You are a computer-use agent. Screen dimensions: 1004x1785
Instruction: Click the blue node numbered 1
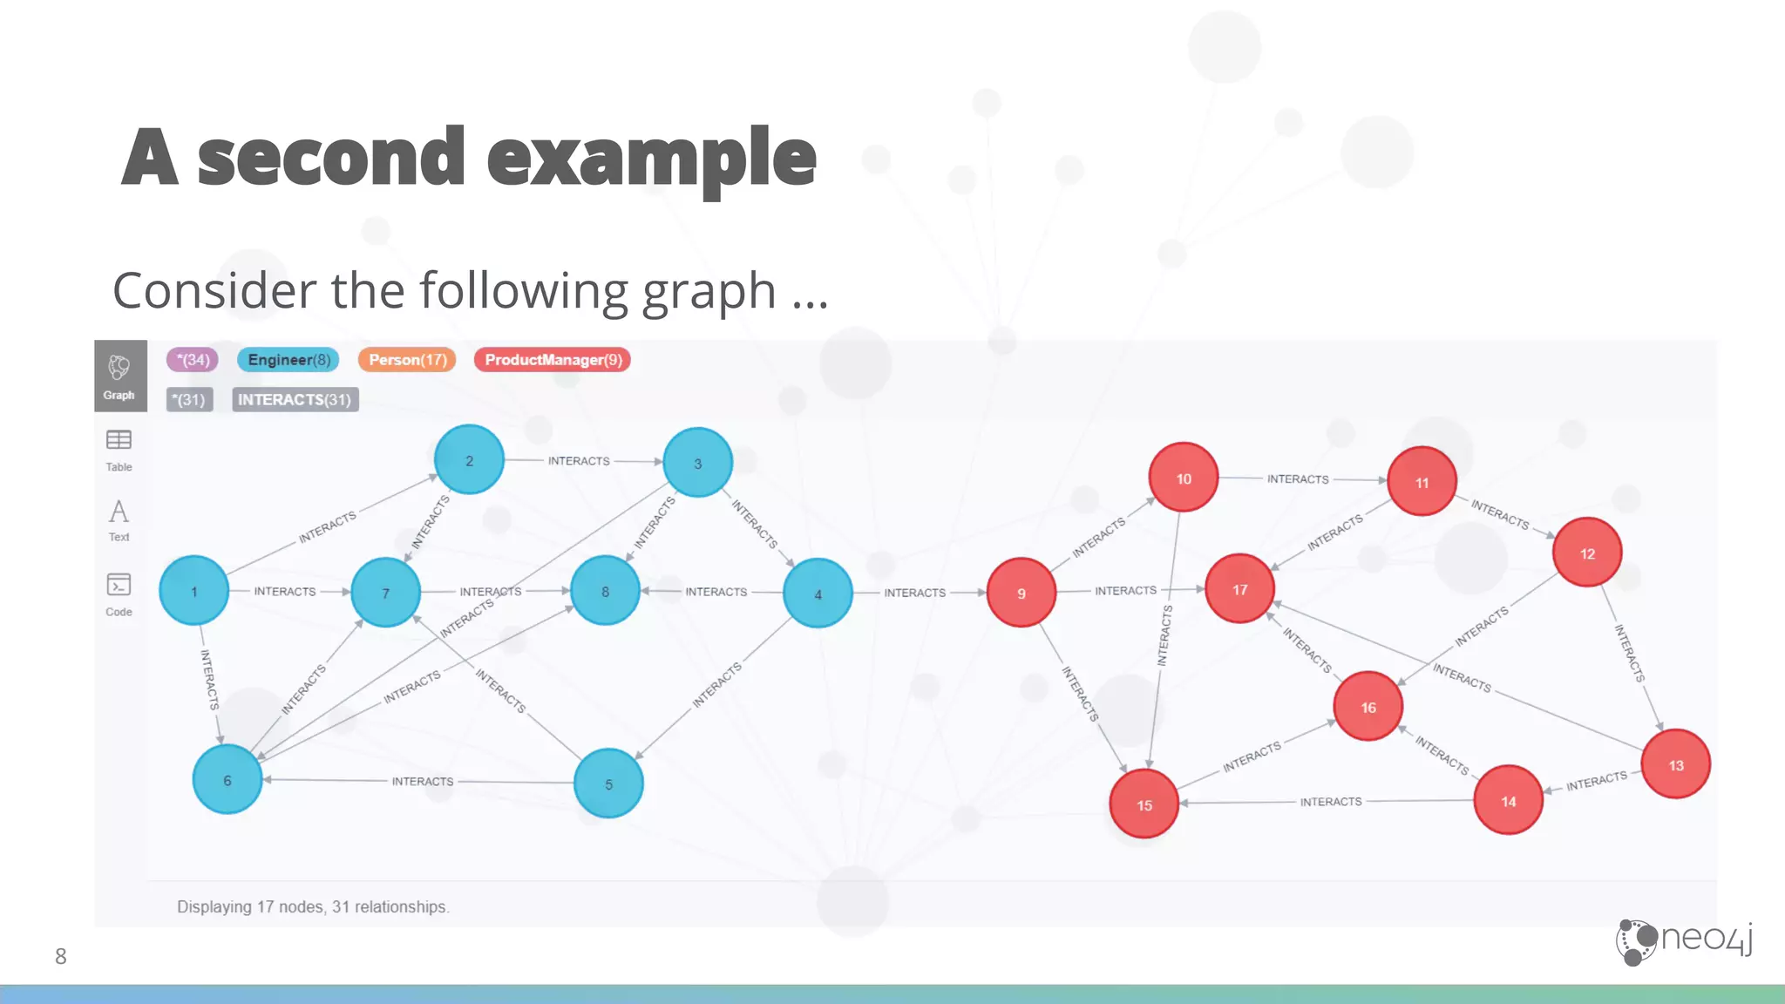click(x=193, y=591)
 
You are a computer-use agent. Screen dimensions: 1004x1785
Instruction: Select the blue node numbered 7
click(x=385, y=593)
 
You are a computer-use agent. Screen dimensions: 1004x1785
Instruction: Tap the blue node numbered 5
click(x=608, y=784)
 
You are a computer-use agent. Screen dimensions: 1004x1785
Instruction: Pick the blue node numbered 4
click(x=818, y=594)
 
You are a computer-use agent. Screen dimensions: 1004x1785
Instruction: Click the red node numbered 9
click(x=1021, y=593)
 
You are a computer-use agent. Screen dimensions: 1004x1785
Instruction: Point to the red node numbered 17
click(x=1239, y=589)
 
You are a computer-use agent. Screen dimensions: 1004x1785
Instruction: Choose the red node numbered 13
click(x=1675, y=764)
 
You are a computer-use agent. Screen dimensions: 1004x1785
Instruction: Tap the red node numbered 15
click(x=1144, y=804)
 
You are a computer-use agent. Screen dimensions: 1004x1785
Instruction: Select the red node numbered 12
click(x=1586, y=553)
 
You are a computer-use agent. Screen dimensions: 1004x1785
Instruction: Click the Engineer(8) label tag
click(x=288, y=360)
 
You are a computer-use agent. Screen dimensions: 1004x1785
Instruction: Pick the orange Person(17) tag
click(x=407, y=360)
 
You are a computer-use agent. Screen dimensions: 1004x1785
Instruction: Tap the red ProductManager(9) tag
click(x=553, y=360)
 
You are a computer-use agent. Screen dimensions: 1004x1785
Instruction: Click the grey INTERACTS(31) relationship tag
click(x=295, y=399)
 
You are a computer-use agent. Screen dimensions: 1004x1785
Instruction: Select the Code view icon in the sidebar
click(x=119, y=594)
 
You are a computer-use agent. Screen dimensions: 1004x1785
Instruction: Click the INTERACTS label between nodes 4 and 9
click(x=914, y=593)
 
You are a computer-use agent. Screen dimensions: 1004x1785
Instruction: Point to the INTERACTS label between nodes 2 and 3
click(x=579, y=460)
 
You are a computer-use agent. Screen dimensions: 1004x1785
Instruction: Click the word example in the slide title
click(x=651, y=158)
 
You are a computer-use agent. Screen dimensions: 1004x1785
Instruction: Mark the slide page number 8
click(x=60, y=956)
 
